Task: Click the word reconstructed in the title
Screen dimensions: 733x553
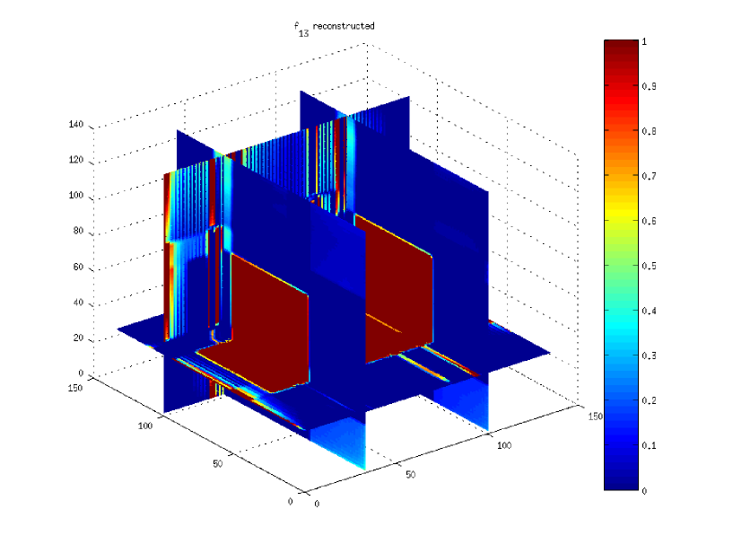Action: coord(344,26)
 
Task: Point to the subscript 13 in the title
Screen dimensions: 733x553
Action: coord(303,33)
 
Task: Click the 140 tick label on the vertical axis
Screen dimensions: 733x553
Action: coord(75,124)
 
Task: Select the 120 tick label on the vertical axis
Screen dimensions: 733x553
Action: coord(75,160)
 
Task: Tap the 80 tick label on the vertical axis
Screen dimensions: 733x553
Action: coord(78,231)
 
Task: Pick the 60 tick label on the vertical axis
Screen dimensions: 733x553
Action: coord(78,267)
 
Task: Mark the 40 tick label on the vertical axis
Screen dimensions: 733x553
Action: coord(78,303)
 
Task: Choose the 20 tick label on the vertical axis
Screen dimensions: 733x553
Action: coord(78,338)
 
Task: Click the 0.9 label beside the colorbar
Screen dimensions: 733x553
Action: coord(649,86)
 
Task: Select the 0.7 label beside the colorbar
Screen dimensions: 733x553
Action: coord(649,176)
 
